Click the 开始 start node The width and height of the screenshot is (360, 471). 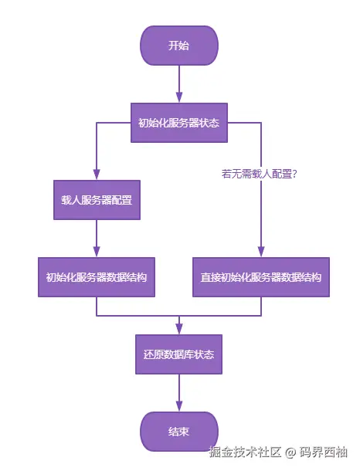pos(178,46)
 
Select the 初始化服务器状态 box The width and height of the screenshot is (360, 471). pos(178,123)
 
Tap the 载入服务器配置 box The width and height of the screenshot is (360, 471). pos(97,200)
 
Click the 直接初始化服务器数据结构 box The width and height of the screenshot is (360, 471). pos(260,277)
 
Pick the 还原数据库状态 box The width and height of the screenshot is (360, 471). pos(178,354)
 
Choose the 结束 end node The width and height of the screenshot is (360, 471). pos(178,432)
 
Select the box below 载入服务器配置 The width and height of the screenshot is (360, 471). pos(97,277)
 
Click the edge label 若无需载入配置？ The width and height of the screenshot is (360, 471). pos(260,175)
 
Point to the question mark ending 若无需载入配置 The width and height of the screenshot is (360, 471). pos(295,175)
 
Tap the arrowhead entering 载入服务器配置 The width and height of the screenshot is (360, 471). pos(97,175)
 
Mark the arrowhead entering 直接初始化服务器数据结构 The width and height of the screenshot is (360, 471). pos(260,252)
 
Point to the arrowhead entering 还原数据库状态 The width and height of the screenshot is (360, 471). pos(179,330)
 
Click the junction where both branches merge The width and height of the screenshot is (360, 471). pos(179,316)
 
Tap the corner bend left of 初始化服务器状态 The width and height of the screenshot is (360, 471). pos(97,123)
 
